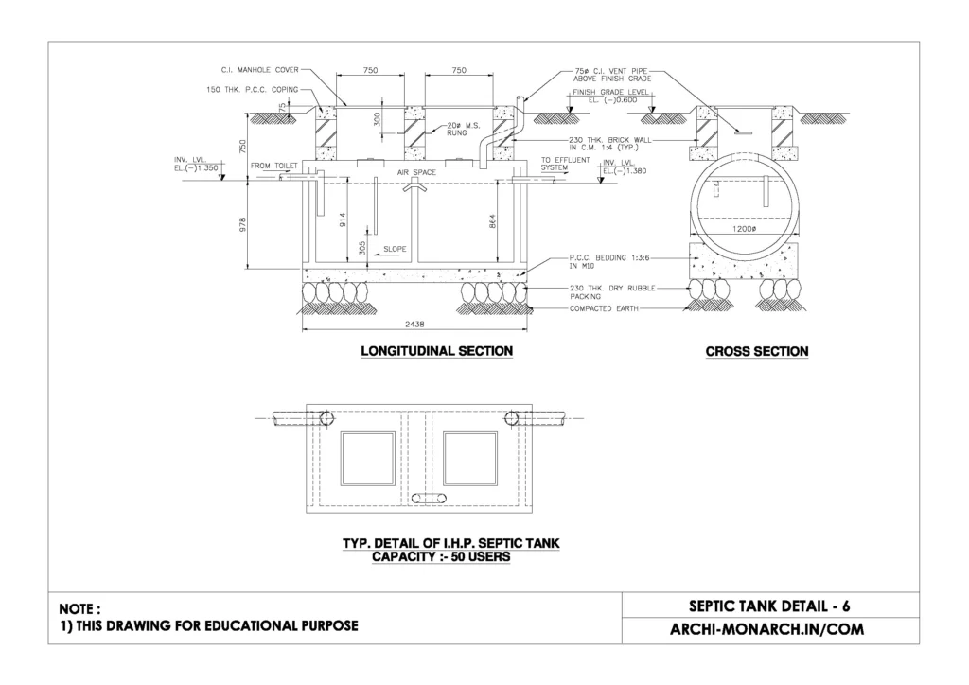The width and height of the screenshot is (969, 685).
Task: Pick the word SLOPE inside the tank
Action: [x=396, y=249]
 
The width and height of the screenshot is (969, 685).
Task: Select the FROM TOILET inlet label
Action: [x=273, y=166]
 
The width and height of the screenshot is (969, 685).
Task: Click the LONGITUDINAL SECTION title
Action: [x=436, y=351]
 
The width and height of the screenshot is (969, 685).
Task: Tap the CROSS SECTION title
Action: [x=757, y=351]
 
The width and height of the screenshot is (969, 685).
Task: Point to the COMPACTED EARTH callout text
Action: [x=605, y=309]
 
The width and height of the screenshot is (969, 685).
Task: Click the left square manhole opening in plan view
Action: [x=368, y=458]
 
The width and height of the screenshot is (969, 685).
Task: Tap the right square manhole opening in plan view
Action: [x=469, y=458]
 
